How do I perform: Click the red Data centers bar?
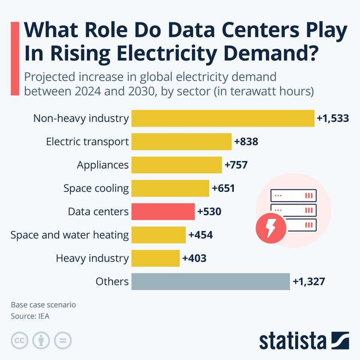click(163, 212)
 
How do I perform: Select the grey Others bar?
click(210, 282)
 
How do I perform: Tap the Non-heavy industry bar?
click(223, 118)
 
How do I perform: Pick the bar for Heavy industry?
click(155, 258)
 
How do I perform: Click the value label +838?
click(246, 142)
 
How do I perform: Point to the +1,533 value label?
click(333, 118)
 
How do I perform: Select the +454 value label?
click(200, 235)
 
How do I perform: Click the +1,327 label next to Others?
click(309, 282)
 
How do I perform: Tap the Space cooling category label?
click(96, 188)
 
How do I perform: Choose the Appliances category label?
click(103, 165)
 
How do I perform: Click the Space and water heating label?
click(70, 235)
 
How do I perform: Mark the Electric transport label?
click(87, 142)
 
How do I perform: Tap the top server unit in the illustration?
click(294, 195)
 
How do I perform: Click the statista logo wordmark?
click(293, 340)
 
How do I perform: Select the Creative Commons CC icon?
click(20, 340)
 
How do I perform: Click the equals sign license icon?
click(63, 340)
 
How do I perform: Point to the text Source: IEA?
click(30, 316)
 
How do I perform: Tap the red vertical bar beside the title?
click(15, 58)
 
